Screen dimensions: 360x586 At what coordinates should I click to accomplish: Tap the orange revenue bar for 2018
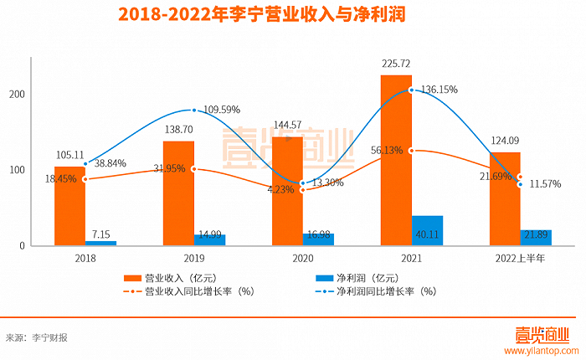69,205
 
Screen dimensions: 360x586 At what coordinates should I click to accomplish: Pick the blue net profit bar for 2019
210,240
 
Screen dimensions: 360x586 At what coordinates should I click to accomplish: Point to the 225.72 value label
397,63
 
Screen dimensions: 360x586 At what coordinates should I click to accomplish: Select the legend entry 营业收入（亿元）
172,277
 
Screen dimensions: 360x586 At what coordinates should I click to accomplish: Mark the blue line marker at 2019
193,111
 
